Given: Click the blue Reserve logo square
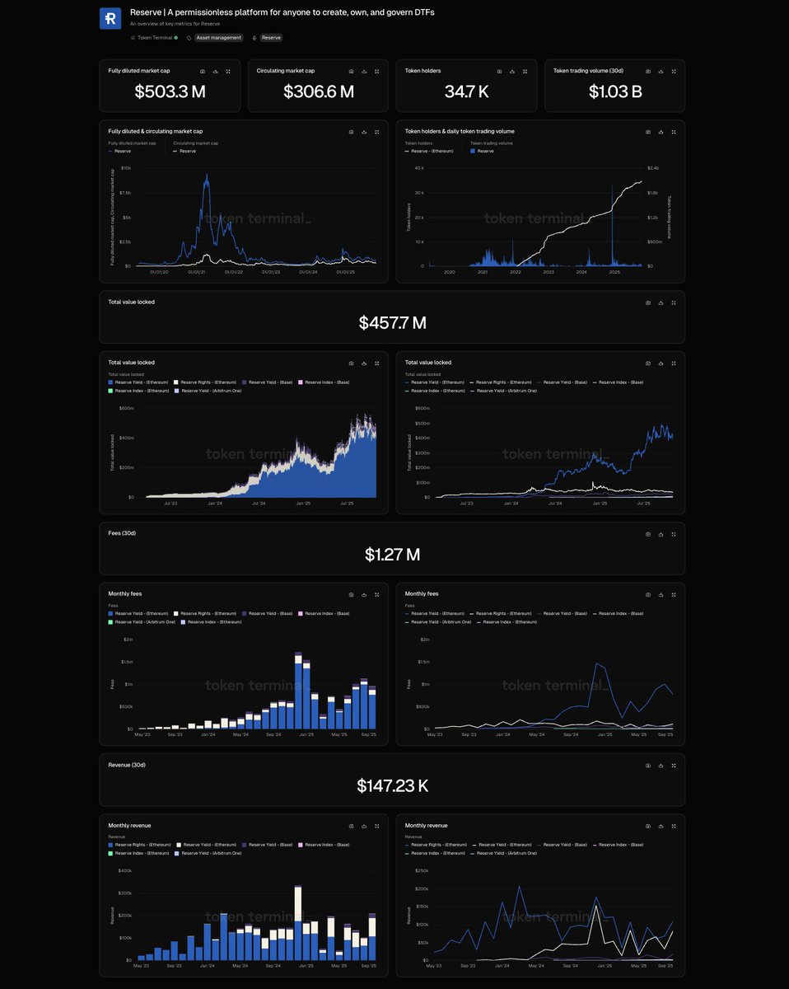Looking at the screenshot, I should tap(110, 19).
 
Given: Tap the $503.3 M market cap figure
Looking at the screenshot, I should tap(170, 91).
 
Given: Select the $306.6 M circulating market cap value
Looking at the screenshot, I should tap(318, 91).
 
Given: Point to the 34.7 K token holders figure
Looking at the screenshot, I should tap(466, 91).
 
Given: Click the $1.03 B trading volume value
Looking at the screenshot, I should tap(614, 91).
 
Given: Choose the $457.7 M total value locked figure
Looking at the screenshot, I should tap(392, 323).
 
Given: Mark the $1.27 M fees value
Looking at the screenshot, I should tap(392, 555).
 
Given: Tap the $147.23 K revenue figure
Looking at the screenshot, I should tap(392, 786).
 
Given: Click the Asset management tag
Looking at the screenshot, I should tap(218, 38).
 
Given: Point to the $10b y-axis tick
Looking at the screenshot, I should tap(126, 167).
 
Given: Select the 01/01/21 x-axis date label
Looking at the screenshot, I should tap(196, 272).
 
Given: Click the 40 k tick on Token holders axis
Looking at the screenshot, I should tap(418, 167).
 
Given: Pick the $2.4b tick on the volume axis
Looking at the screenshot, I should tap(653, 167).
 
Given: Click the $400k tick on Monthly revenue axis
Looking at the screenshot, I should tap(125, 870).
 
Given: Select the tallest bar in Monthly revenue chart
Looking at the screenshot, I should tap(297, 923).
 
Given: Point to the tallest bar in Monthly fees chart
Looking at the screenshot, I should tap(297, 691).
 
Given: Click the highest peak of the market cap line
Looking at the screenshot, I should tap(206, 175).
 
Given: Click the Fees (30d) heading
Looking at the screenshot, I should tap(122, 533).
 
